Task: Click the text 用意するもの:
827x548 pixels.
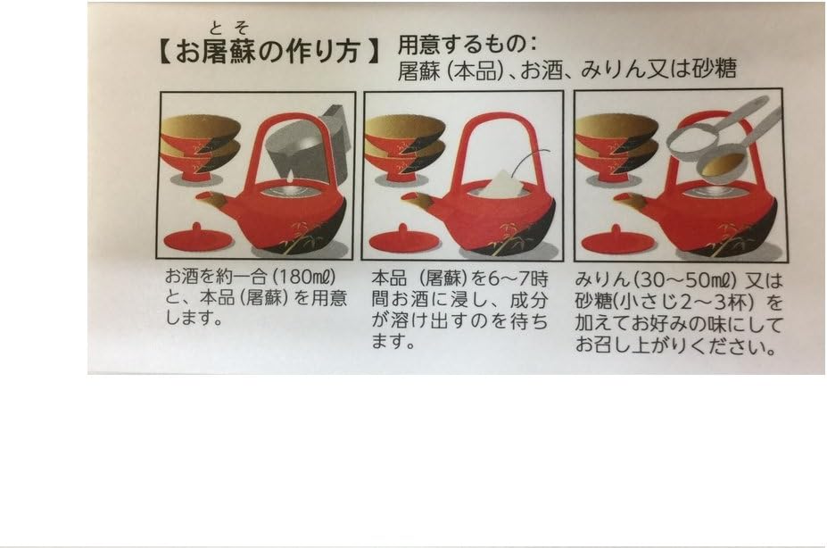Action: tap(468, 44)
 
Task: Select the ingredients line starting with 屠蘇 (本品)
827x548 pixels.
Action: tap(566, 70)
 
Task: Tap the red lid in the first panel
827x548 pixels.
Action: tap(197, 238)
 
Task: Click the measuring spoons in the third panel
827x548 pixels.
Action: tap(718, 143)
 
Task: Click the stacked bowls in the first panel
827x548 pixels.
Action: tap(200, 143)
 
